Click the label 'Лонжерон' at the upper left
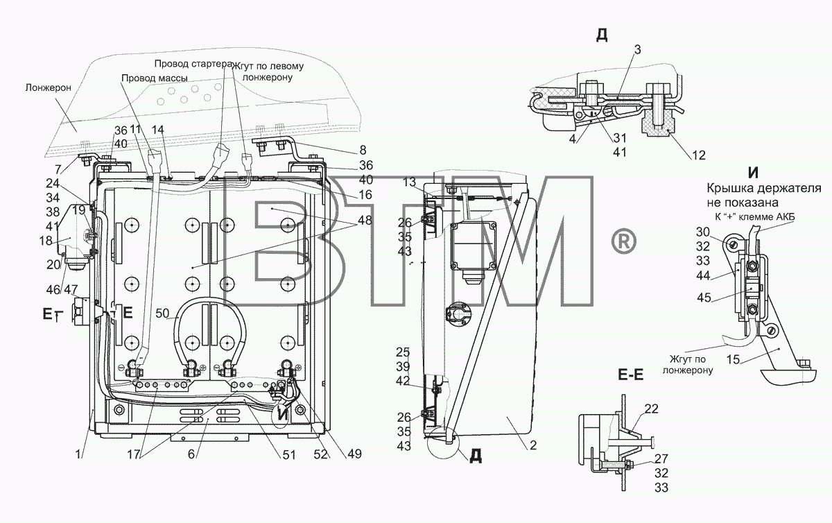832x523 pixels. tap(49, 88)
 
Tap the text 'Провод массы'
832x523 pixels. tap(154, 78)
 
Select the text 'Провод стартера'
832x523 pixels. tap(193, 64)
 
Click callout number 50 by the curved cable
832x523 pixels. tap(162, 314)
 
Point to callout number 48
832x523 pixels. tap(365, 220)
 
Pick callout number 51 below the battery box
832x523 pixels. tap(288, 455)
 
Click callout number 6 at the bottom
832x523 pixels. tap(191, 454)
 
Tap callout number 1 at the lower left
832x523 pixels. tap(78, 454)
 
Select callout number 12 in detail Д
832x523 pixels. tap(698, 155)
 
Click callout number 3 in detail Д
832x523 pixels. tap(637, 49)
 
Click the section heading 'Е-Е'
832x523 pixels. tap(631, 375)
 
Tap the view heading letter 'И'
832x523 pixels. tap(753, 173)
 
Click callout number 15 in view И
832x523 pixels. tap(734, 359)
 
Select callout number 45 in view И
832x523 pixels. tap(704, 298)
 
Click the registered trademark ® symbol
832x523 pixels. tap(624, 242)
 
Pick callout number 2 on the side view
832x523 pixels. tap(533, 445)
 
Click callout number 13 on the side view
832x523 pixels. tap(409, 182)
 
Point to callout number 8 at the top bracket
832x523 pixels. tap(363, 150)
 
